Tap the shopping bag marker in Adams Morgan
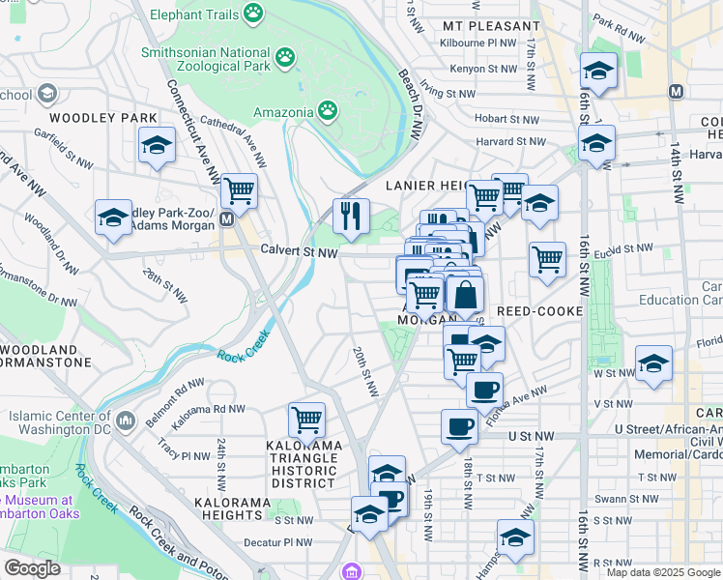[465, 295]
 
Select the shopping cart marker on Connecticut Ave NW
[239, 190]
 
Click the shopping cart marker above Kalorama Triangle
[307, 420]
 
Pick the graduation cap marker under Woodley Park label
[157, 145]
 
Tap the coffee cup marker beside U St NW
[460, 426]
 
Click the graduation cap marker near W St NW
[653, 363]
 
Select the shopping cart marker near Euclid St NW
[547, 259]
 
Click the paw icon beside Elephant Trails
[253, 13]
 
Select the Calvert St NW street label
[299, 251]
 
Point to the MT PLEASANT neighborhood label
[490, 26]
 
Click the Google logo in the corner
[32, 568]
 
